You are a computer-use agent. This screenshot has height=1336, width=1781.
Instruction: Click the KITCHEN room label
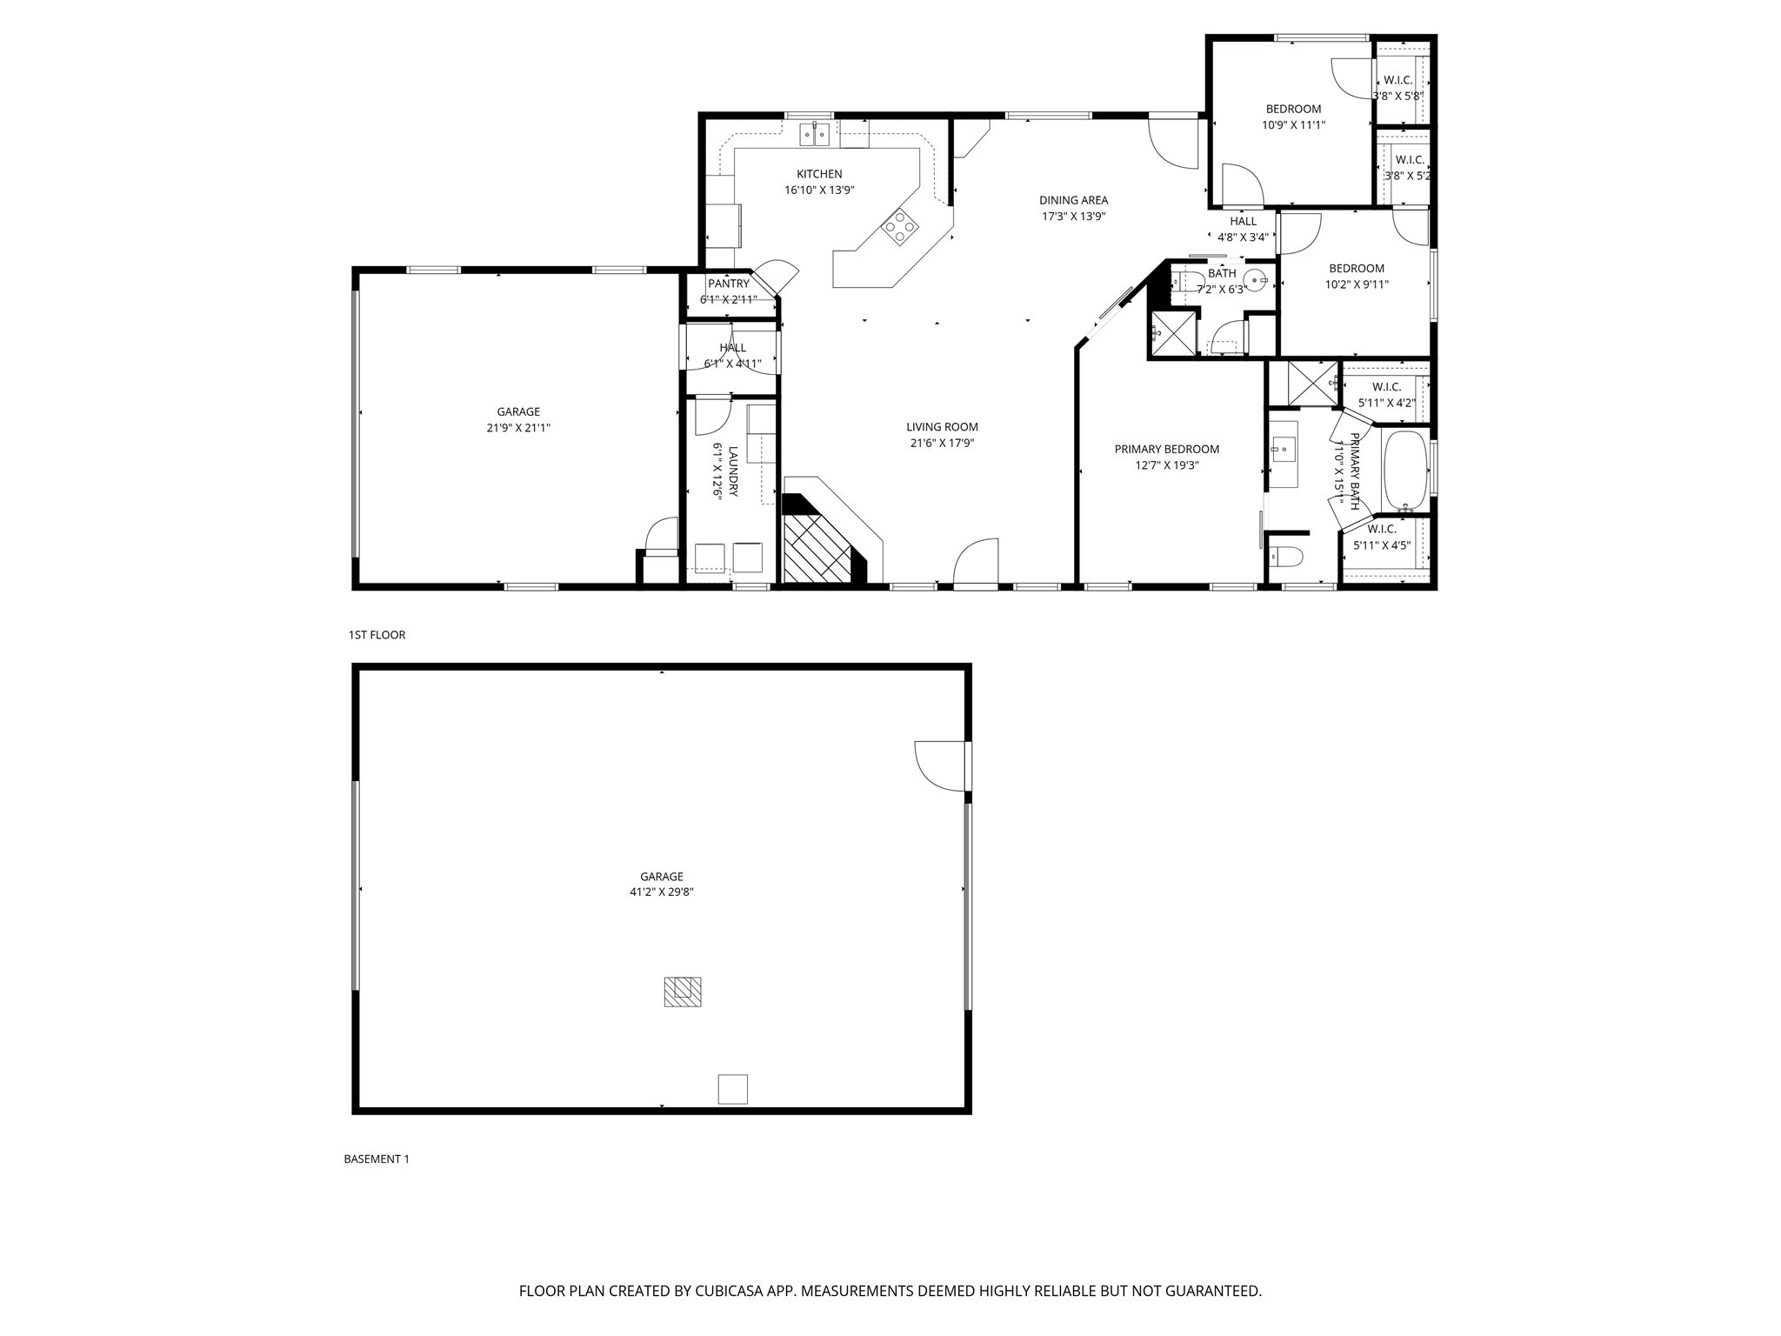(x=819, y=174)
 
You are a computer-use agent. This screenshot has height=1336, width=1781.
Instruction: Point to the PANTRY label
(x=728, y=284)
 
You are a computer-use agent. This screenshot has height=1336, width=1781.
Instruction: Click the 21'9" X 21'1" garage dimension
(x=518, y=428)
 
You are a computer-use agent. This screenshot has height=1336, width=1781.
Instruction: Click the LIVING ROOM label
(x=942, y=427)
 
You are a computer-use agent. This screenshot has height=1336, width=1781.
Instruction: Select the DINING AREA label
(x=1073, y=201)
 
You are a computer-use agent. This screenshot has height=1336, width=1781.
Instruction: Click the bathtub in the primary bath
(x=1404, y=470)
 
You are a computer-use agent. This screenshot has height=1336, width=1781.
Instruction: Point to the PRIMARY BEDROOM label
(x=1166, y=450)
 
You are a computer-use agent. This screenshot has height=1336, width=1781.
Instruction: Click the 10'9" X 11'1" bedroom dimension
(x=1293, y=124)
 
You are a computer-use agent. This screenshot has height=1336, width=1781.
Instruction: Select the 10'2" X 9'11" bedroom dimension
(x=1356, y=284)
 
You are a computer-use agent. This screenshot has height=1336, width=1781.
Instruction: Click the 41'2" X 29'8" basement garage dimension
(x=661, y=892)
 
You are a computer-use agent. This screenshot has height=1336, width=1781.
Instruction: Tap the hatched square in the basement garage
(x=683, y=992)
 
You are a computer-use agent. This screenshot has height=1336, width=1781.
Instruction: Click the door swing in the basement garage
(x=941, y=765)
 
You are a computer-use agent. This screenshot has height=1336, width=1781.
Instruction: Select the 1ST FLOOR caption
(x=377, y=635)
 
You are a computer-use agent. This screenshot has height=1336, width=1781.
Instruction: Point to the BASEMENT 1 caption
(x=376, y=1159)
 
